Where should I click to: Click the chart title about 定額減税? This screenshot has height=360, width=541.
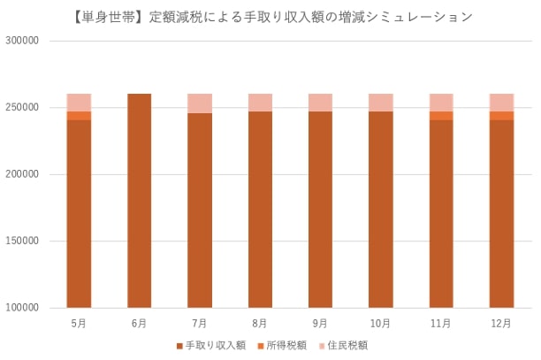coord(270,16)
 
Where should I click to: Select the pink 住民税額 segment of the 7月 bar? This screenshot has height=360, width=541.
coord(199,103)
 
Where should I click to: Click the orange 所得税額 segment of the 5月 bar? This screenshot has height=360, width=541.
coord(79,115)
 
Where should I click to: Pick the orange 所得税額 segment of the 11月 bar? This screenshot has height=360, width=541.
coord(441,115)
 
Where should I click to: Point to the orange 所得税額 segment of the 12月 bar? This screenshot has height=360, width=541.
coord(501,115)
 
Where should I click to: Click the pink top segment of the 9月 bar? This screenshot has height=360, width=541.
coord(320,102)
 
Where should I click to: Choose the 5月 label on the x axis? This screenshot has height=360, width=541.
coord(79,324)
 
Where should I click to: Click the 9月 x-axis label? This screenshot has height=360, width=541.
coord(320,324)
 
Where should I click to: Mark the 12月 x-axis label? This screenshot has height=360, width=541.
coord(501,324)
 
